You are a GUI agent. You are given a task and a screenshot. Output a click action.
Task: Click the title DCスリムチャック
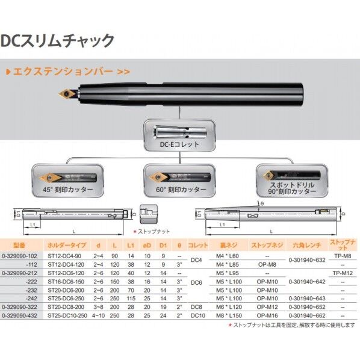click(58, 41)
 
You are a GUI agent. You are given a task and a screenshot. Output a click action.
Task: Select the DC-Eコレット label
click(179, 145)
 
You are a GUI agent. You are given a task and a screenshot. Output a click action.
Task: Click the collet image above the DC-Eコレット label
click(179, 131)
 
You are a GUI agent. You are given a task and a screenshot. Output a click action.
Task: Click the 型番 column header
click(20, 246)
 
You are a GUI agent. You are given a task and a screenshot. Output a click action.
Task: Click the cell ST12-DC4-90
click(63, 255)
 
